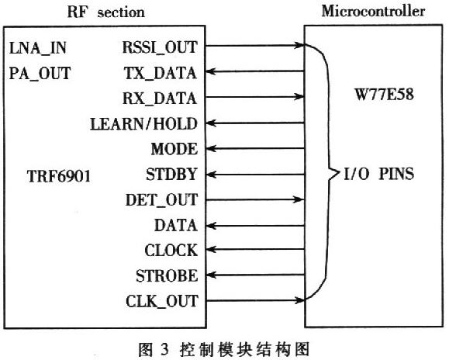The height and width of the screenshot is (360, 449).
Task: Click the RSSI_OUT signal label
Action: [x=160, y=47]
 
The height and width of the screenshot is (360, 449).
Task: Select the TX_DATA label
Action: [x=161, y=73]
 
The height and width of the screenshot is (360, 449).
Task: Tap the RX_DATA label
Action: [x=160, y=99]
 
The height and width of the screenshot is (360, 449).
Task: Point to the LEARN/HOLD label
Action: [x=143, y=123]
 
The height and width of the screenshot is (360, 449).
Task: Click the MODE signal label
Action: [x=174, y=149]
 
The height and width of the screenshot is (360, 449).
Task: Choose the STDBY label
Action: [x=171, y=174]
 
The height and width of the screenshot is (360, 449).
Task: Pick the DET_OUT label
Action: [x=162, y=199]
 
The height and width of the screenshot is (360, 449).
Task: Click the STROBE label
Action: [x=167, y=275]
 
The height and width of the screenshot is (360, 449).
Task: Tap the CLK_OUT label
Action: [x=162, y=301]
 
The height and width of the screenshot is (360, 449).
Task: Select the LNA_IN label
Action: [x=38, y=48]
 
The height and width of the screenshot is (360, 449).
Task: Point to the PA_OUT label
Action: [x=40, y=73]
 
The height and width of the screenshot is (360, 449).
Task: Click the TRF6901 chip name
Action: [x=59, y=176]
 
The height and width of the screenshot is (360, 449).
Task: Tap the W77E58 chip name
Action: [x=385, y=94]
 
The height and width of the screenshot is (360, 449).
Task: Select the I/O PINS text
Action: [x=378, y=174]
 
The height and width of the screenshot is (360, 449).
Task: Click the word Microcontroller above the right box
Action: [x=373, y=12]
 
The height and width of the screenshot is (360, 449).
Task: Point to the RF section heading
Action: [x=106, y=12]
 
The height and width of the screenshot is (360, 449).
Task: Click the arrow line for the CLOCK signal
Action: [x=255, y=249]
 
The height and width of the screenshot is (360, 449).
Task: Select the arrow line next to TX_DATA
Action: [x=255, y=71]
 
